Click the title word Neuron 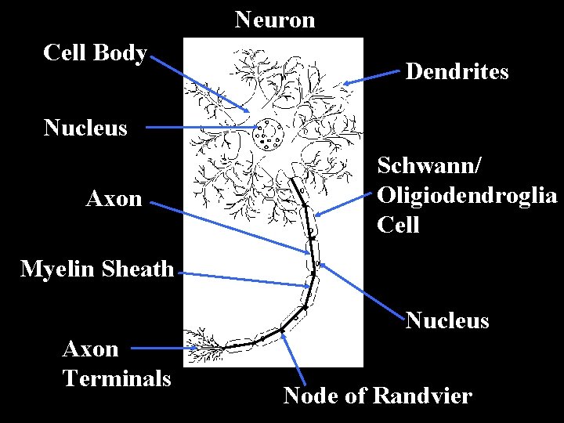pyautogui.click(x=275, y=20)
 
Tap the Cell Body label pyautogui.click(x=96, y=52)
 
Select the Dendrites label pyautogui.click(x=457, y=72)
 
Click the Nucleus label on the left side pyautogui.click(x=85, y=128)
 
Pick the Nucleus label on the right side pyautogui.click(x=447, y=320)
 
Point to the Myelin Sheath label pyautogui.click(x=97, y=269)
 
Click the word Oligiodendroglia pyautogui.click(x=467, y=195)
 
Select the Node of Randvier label pyautogui.click(x=378, y=396)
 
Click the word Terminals pyautogui.click(x=117, y=378)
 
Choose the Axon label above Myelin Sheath pyautogui.click(x=114, y=199)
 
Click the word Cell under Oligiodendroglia pyautogui.click(x=399, y=225)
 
